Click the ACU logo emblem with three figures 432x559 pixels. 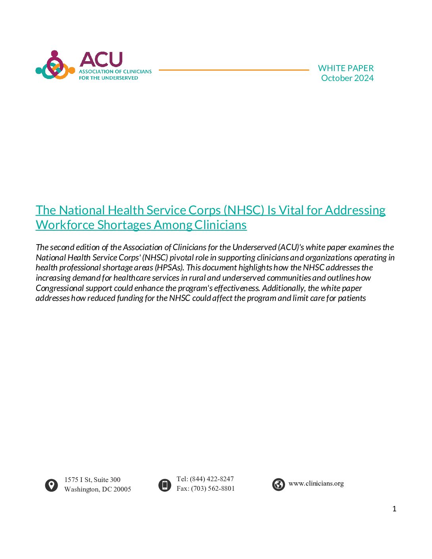click(55, 66)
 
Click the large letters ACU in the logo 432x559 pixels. click(101, 60)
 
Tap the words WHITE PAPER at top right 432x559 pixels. click(345, 68)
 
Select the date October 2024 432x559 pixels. click(347, 78)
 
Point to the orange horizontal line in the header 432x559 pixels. click(233, 70)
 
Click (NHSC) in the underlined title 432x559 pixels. click(244, 210)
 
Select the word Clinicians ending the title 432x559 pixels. click(220, 225)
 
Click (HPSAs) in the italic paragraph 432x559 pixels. click(170, 268)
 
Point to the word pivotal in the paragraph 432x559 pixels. click(181, 258)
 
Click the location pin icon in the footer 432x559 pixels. click(51, 485)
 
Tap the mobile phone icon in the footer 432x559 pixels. click(164, 485)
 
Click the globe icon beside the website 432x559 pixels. click(278, 484)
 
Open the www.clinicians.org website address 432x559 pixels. click(316, 484)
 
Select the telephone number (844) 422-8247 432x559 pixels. click(212, 479)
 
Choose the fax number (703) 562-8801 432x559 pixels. click(213, 488)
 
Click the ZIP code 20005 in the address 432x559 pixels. click(122, 489)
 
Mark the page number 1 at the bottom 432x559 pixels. click(394, 509)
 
